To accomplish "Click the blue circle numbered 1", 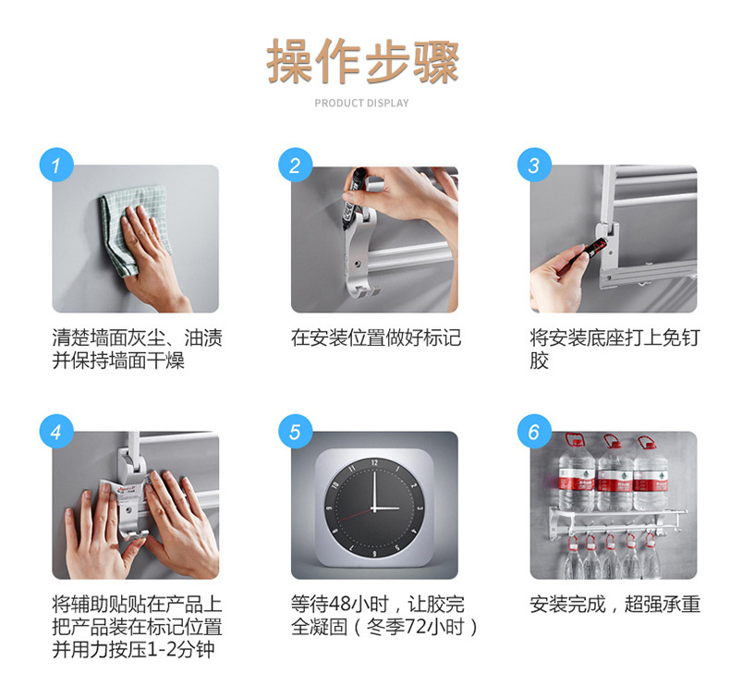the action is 56,165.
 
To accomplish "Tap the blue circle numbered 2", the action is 296,165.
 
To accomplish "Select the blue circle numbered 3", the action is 534,165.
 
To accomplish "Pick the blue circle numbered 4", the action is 56,432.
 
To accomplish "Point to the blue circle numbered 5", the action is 296,432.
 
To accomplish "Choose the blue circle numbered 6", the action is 534,432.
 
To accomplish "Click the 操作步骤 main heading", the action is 362,61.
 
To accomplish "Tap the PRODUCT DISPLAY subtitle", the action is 361,103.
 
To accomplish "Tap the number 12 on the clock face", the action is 375,462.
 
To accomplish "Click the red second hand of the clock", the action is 356,514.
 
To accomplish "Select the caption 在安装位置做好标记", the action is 376,337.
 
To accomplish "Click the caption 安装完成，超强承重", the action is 615,604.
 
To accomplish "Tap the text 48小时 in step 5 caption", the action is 359,604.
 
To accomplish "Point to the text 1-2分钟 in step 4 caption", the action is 180,649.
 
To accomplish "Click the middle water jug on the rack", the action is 614,472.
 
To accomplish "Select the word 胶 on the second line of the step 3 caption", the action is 539,361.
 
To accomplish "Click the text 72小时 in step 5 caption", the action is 435,627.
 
